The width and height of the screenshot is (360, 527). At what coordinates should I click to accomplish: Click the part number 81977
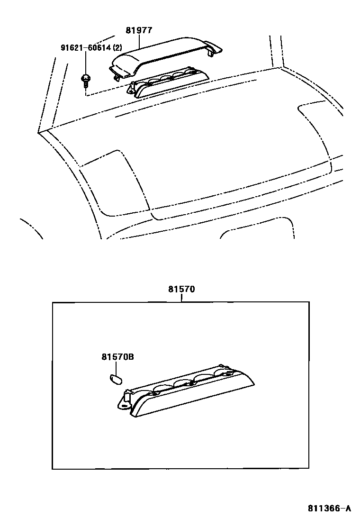139,30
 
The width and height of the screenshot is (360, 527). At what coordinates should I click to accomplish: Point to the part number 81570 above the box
181,289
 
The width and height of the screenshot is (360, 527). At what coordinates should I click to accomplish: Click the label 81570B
117,357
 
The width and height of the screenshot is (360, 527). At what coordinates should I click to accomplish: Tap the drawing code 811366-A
329,509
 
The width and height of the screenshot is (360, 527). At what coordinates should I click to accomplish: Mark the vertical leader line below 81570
181,298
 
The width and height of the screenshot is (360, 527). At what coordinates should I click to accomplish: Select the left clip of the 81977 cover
116,72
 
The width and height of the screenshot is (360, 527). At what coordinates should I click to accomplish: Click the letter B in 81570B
131,357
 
